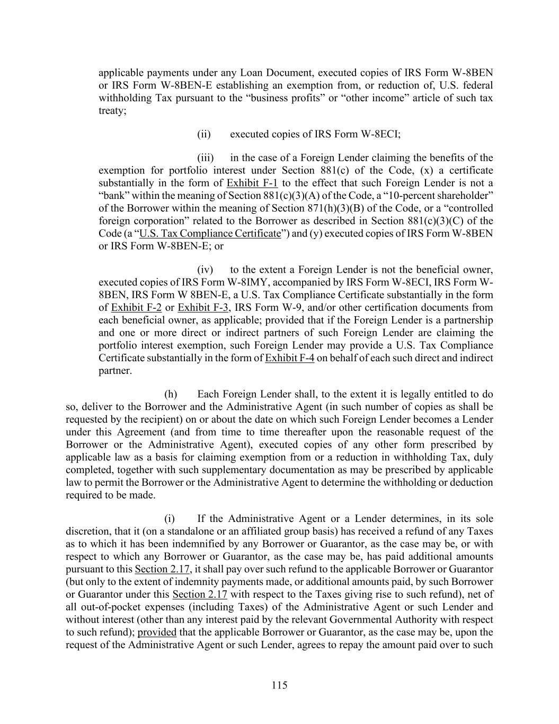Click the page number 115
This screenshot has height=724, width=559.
(279, 685)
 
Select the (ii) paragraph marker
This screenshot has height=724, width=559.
(204, 134)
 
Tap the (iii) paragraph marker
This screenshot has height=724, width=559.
(205, 158)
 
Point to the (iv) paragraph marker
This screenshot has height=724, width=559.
(205, 269)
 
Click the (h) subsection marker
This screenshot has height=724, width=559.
(171, 394)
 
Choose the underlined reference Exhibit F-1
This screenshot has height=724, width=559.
(252, 183)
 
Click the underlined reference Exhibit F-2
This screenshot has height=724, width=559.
(136, 308)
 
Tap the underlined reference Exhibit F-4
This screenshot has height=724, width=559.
(289, 358)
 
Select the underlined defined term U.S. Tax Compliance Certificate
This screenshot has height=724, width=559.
(210, 234)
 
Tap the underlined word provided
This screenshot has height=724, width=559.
(157, 632)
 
